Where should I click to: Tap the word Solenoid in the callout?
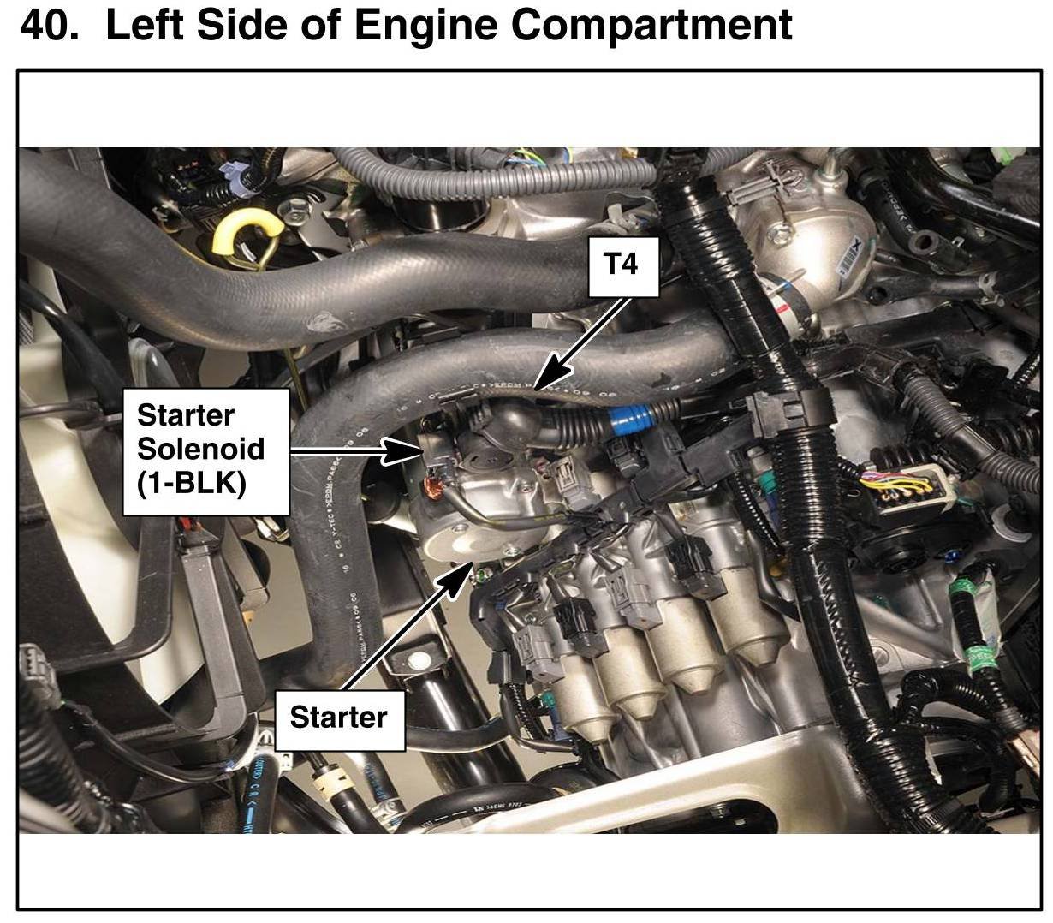200,449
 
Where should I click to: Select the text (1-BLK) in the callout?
191,484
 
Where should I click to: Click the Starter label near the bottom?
338,717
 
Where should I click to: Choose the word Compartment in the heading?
651,26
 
